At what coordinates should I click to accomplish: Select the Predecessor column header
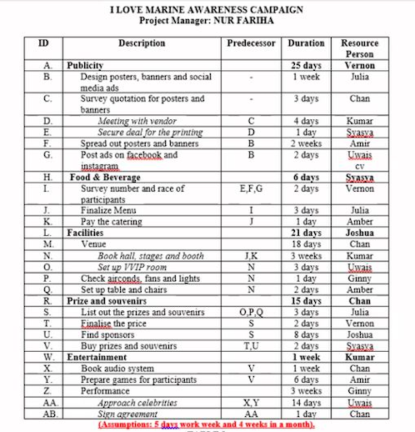point(251,43)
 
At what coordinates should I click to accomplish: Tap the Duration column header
point(306,43)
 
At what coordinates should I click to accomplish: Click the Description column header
point(142,43)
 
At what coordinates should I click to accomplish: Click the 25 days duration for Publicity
point(306,65)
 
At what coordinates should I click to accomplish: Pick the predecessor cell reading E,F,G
point(251,188)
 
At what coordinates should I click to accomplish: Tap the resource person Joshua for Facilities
point(359,234)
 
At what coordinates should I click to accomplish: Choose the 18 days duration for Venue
point(306,244)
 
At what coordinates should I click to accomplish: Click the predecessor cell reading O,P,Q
point(251,312)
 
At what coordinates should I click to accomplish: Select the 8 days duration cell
point(306,334)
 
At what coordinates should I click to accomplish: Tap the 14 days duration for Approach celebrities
point(306,402)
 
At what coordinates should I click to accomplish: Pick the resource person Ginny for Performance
point(359,390)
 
